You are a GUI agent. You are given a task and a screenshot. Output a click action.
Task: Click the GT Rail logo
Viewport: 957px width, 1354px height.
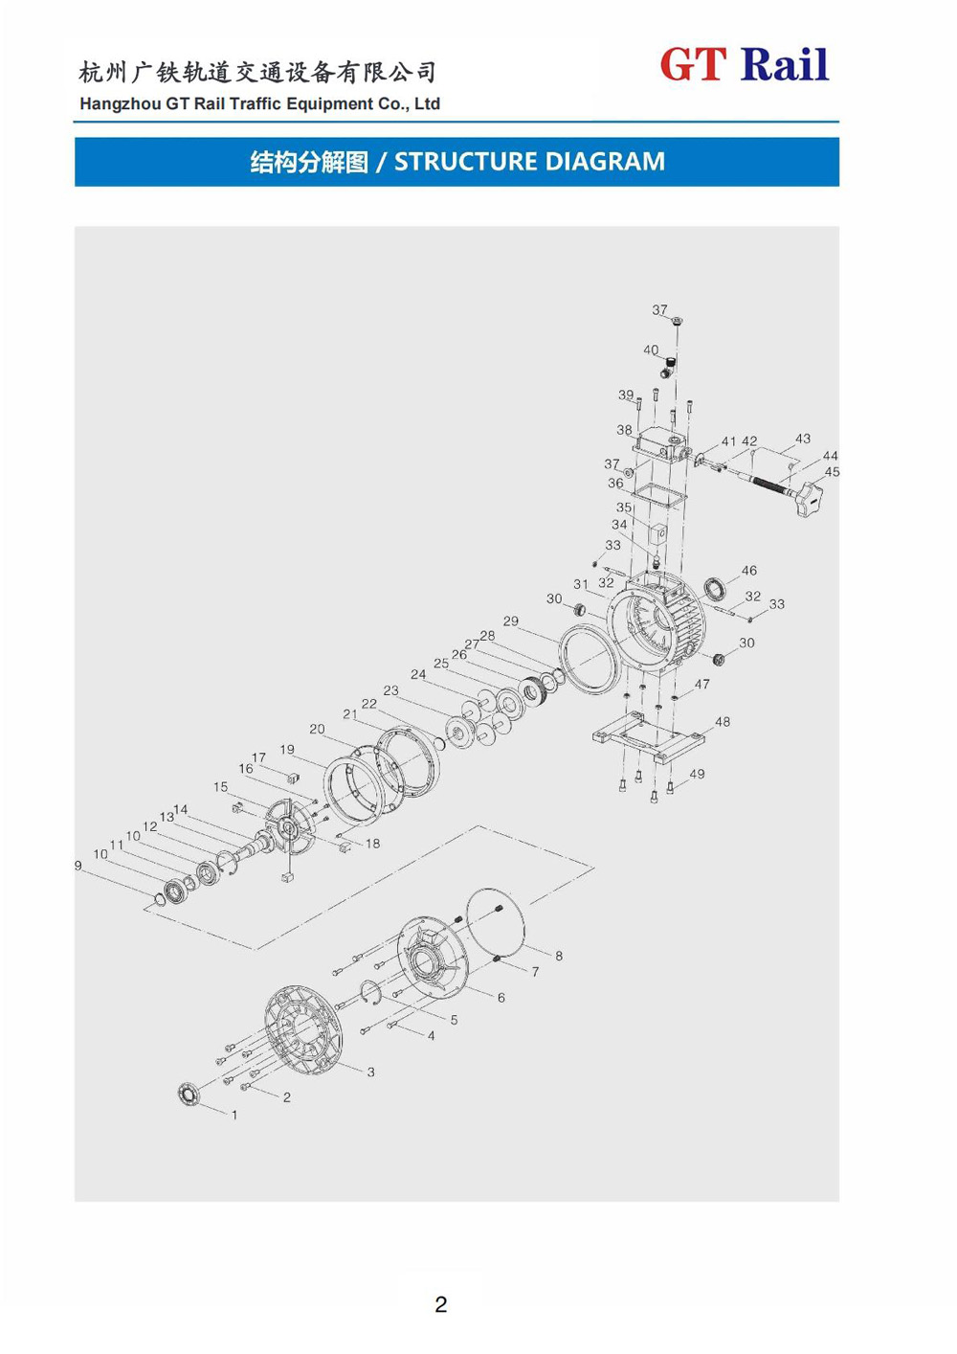tap(744, 65)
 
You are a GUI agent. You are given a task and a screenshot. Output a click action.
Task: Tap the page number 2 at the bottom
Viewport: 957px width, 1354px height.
tap(440, 1304)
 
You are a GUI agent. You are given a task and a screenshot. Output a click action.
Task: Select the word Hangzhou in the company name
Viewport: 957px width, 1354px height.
tap(120, 104)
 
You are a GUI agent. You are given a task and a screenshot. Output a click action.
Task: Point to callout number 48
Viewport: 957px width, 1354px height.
tap(723, 722)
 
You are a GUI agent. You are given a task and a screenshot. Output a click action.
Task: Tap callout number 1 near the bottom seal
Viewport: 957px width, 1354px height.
tap(234, 1115)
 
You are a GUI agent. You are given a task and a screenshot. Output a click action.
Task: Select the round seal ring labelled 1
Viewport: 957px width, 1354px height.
tap(189, 1093)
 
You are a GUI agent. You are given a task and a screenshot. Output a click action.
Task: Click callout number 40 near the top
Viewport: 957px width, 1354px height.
tap(651, 350)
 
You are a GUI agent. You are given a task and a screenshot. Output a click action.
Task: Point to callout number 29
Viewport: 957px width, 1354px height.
tap(511, 621)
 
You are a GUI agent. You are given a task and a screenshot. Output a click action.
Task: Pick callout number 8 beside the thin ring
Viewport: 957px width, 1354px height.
tap(559, 956)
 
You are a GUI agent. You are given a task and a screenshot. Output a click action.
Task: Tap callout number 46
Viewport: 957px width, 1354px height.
tap(749, 571)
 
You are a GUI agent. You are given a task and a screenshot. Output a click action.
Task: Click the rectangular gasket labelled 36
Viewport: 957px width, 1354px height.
tap(656, 496)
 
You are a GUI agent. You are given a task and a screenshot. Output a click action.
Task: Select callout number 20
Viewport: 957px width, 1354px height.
tap(317, 729)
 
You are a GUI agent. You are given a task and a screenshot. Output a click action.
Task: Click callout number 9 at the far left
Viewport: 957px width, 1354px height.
tap(78, 866)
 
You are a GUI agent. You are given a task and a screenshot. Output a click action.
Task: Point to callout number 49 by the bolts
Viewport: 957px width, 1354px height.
tap(697, 774)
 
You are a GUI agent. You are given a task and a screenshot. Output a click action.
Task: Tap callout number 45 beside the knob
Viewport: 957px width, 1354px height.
tap(832, 472)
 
